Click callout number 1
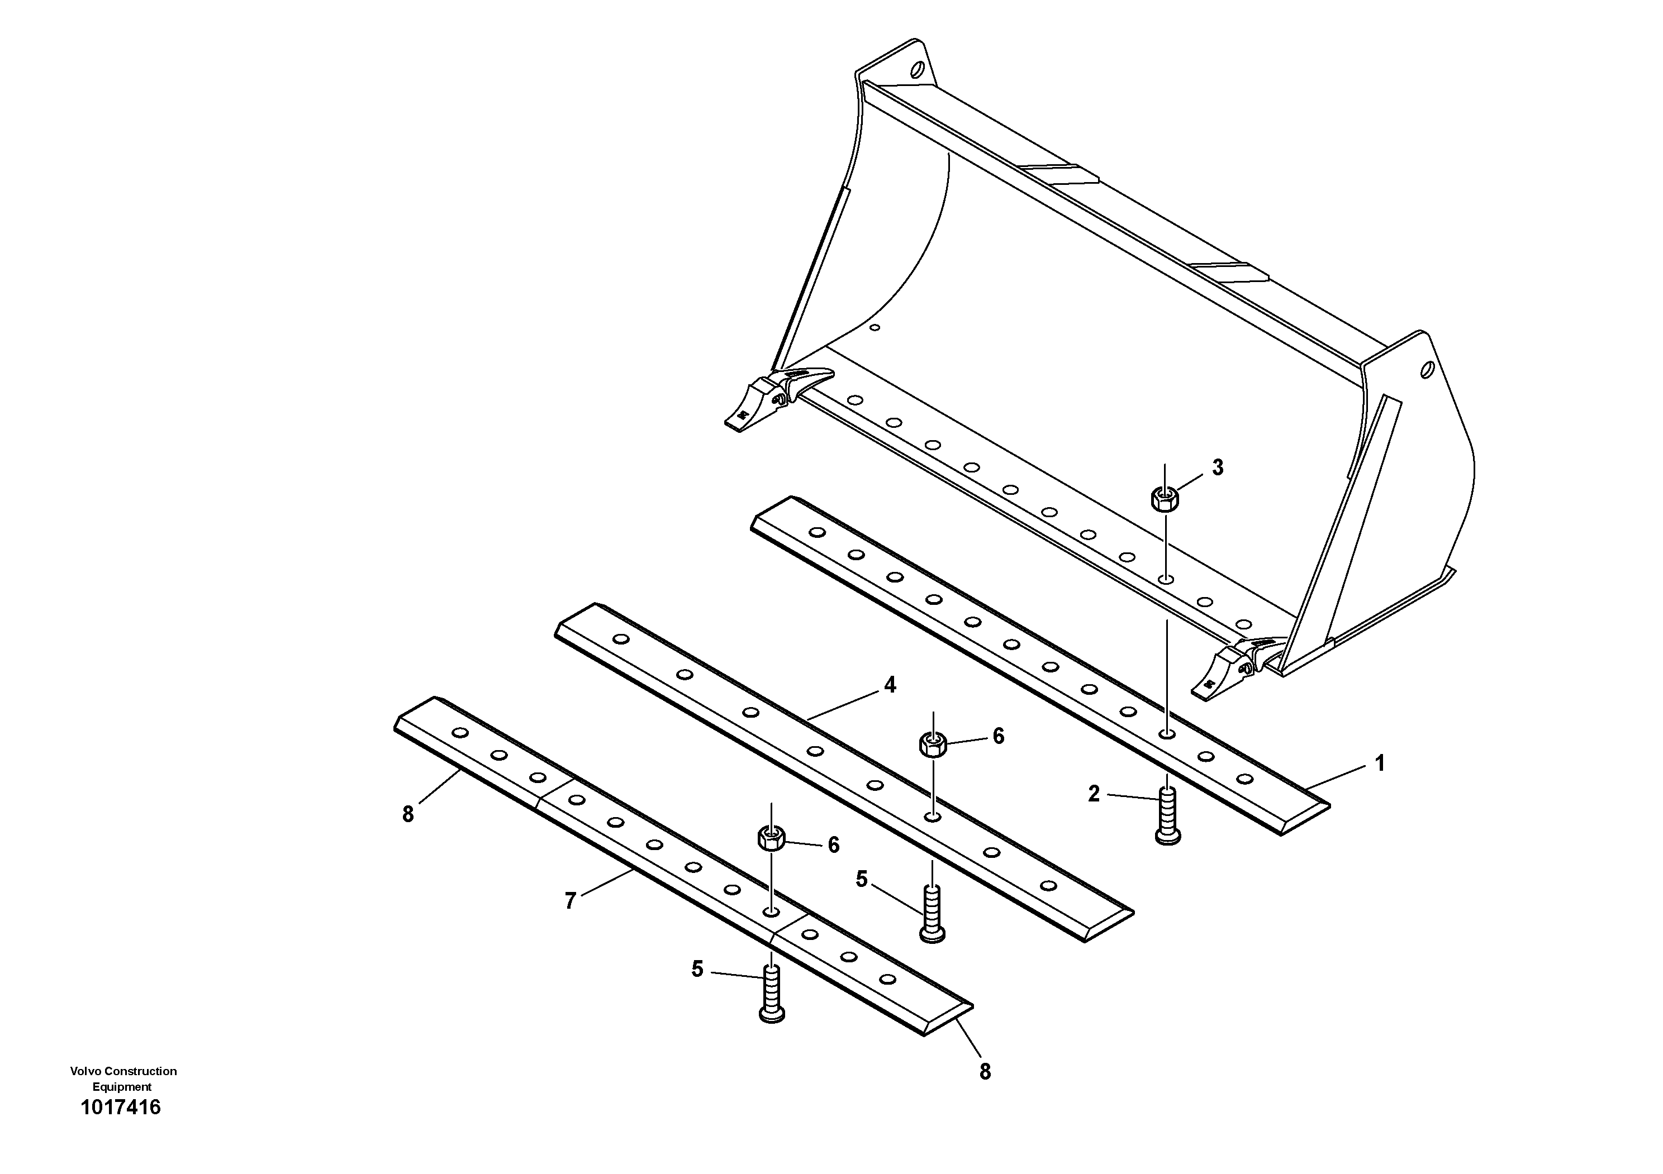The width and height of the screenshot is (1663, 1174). tap(1380, 763)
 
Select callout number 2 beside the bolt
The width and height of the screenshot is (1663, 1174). tap(1094, 794)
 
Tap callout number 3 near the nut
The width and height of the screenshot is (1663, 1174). tap(1218, 468)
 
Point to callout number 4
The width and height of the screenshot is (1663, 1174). tap(890, 685)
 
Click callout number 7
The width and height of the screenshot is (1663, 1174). tap(570, 901)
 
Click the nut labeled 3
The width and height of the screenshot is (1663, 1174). tap(1165, 499)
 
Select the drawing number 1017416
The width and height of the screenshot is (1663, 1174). tap(121, 1108)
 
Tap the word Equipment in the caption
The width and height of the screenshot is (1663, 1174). tap(122, 1086)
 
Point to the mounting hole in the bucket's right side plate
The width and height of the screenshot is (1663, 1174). tap(1427, 370)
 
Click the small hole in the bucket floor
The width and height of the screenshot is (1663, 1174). tap(875, 328)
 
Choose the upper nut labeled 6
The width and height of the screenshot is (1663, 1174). tap(933, 743)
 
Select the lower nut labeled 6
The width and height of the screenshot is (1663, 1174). tap(771, 839)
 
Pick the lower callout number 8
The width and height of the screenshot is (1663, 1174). tap(985, 1072)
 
